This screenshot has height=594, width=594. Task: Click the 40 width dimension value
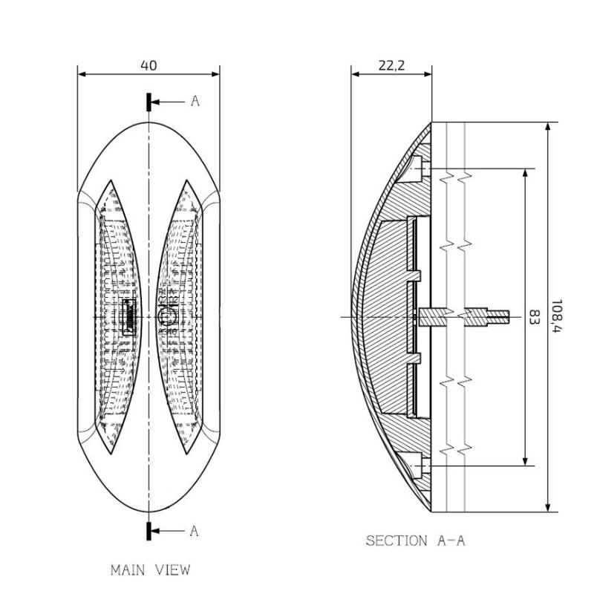pyautogui.click(x=148, y=65)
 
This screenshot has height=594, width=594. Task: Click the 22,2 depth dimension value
pyautogui.click(x=391, y=65)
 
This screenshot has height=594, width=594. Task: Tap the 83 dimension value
pyautogui.click(x=533, y=317)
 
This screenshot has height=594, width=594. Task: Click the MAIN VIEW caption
pyautogui.click(x=150, y=570)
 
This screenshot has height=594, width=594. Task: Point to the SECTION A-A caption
pyautogui.click(x=415, y=541)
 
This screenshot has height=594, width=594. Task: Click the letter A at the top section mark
pyautogui.click(x=195, y=102)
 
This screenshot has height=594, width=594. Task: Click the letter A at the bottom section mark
pyautogui.click(x=195, y=530)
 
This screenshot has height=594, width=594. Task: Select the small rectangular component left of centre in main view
pyautogui.click(x=127, y=317)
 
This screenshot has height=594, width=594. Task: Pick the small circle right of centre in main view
pyautogui.click(x=166, y=317)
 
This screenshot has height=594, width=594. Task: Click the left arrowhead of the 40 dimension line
pyautogui.click(x=81, y=74)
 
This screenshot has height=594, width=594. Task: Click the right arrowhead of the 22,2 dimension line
pyautogui.click(x=428, y=74)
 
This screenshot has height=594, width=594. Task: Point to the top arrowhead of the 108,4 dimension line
pyautogui.click(x=548, y=127)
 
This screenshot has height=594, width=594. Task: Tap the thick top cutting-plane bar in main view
pyautogui.click(x=149, y=102)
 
